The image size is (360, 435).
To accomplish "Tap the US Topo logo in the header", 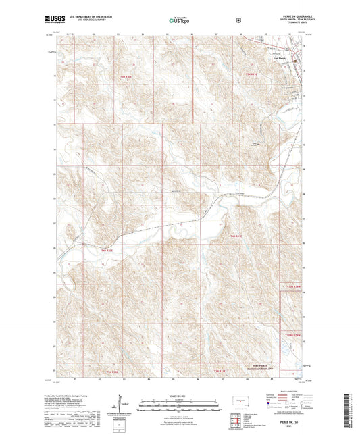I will (179, 20).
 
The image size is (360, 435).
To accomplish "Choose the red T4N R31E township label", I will (236, 236).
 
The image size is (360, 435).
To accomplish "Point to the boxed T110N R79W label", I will (290, 286).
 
